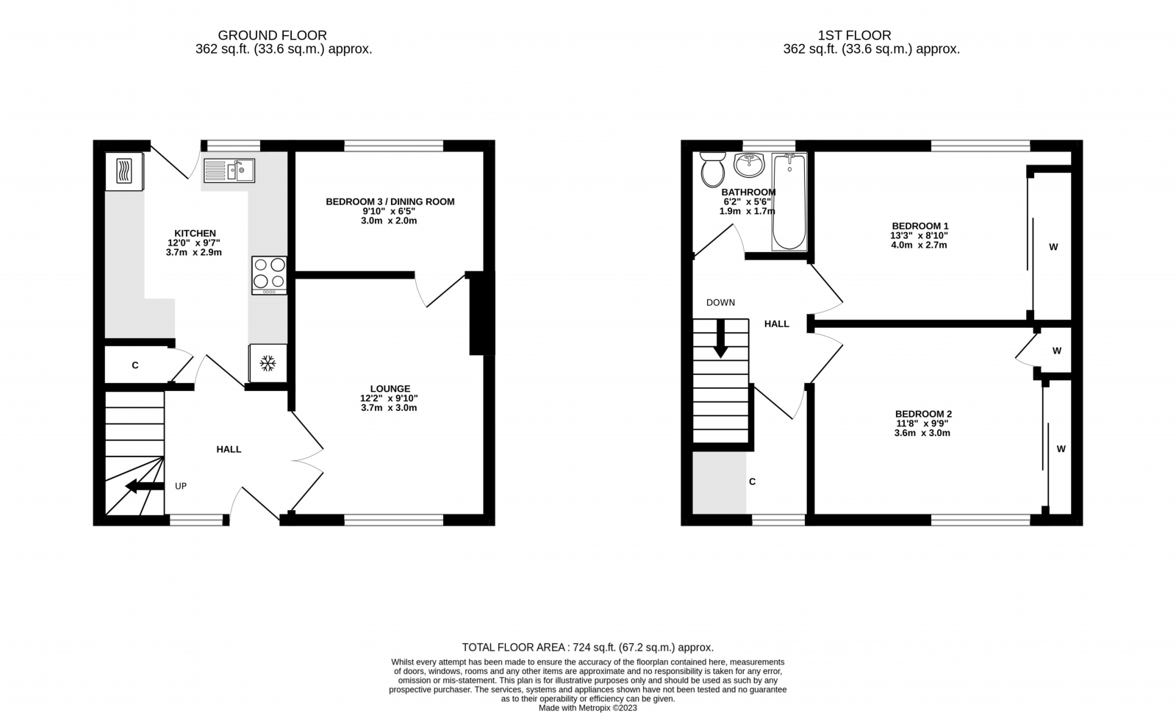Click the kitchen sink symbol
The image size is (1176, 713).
[229, 171]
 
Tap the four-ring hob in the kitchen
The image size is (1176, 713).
[269, 275]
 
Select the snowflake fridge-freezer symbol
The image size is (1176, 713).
[268, 363]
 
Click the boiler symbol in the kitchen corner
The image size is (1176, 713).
[124, 171]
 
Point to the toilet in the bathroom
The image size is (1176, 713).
[712, 170]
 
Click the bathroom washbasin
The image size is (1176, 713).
[749, 165]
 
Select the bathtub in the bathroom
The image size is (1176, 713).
[789, 201]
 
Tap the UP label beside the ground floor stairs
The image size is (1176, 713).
[181, 486]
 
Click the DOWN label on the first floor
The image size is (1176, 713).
[720, 302]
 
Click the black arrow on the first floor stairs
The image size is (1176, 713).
[720, 338]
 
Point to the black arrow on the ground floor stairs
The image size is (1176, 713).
[144, 486]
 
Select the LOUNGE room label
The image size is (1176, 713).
[390, 389]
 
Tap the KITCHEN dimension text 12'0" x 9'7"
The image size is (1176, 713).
[194, 243]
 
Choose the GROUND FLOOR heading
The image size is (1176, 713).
[272, 35]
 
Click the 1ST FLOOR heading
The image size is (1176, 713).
[854, 35]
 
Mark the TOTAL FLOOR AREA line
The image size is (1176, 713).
[587, 648]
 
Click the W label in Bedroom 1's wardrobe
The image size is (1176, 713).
[1053, 247]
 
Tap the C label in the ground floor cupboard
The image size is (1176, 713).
[135, 365]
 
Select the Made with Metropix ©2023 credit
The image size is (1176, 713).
[587, 708]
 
